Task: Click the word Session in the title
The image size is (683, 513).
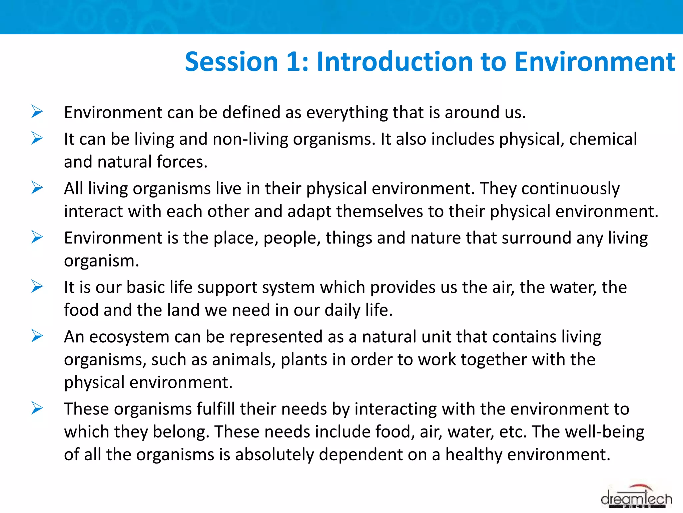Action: pyautogui.click(x=231, y=62)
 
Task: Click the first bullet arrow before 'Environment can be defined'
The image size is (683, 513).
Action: pyautogui.click(x=37, y=112)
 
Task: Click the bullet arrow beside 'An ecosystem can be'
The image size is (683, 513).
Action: pyautogui.click(x=37, y=336)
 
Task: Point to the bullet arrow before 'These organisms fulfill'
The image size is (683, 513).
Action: pyautogui.click(x=37, y=408)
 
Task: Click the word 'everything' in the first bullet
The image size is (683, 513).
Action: pyautogui.click(x=347, y=113)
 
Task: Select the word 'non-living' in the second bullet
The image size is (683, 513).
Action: pyautogui.click(x=250, y=139)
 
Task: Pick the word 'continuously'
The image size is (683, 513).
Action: pyautogui.click(x=570, y=189)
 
